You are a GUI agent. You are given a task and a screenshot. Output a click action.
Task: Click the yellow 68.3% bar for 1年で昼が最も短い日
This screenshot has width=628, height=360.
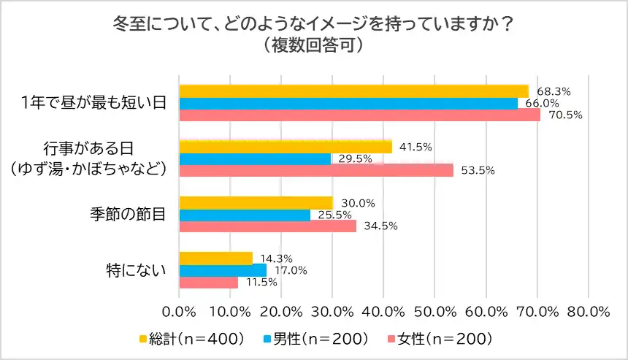[353, 91]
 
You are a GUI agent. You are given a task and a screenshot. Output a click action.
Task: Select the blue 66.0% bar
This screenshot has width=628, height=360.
[348, 103]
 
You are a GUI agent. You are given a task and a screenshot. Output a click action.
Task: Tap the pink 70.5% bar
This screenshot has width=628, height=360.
[359, 115]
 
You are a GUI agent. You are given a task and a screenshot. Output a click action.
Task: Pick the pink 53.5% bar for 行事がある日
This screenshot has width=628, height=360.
[316, 170]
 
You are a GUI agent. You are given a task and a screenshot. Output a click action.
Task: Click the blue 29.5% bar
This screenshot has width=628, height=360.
[255, 158]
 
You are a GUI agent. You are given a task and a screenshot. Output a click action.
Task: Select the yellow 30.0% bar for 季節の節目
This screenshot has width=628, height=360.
[256, 202]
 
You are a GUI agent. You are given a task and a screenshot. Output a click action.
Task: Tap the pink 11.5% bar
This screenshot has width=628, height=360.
[209, 282]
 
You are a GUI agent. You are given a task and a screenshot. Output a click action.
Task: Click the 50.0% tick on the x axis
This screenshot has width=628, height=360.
[434, 311]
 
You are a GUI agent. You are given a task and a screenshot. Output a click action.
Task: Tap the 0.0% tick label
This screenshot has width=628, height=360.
[180, 311]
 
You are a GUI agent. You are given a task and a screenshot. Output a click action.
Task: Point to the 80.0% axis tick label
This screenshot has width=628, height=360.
[588, 311]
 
